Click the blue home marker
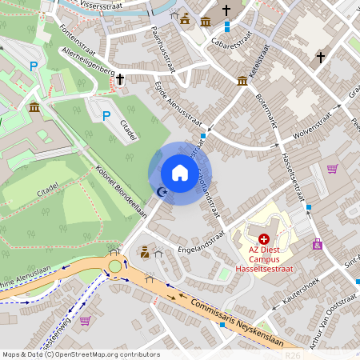[179, 172]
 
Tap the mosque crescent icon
[162, 191]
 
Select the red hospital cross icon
[264, 238]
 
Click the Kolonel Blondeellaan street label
[122, 191]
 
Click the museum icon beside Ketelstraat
[242, 80]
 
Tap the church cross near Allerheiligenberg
[120, 79]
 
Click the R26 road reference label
[292, 355]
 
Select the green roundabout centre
[115, 266]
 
